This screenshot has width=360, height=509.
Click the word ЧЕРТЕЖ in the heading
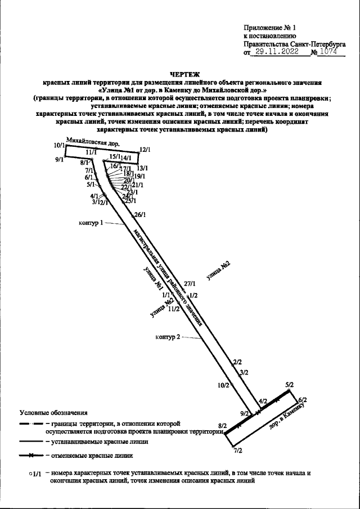click(184, 74)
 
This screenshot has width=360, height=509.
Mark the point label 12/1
click(145, 150)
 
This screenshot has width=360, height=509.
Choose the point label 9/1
click(60, 160)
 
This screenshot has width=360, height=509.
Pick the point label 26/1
click(140, 215)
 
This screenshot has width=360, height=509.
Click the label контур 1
click(90, 223)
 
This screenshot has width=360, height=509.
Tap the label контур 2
click(167, 337)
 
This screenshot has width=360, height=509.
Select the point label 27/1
click(189, 284)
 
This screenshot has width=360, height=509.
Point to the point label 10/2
click(223, 385)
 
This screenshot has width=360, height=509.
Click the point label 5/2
click(290, 385)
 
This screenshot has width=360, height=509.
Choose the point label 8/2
click(222, 426)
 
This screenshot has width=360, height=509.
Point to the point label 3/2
click(244, 372)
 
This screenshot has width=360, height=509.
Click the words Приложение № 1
click(269, 28)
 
